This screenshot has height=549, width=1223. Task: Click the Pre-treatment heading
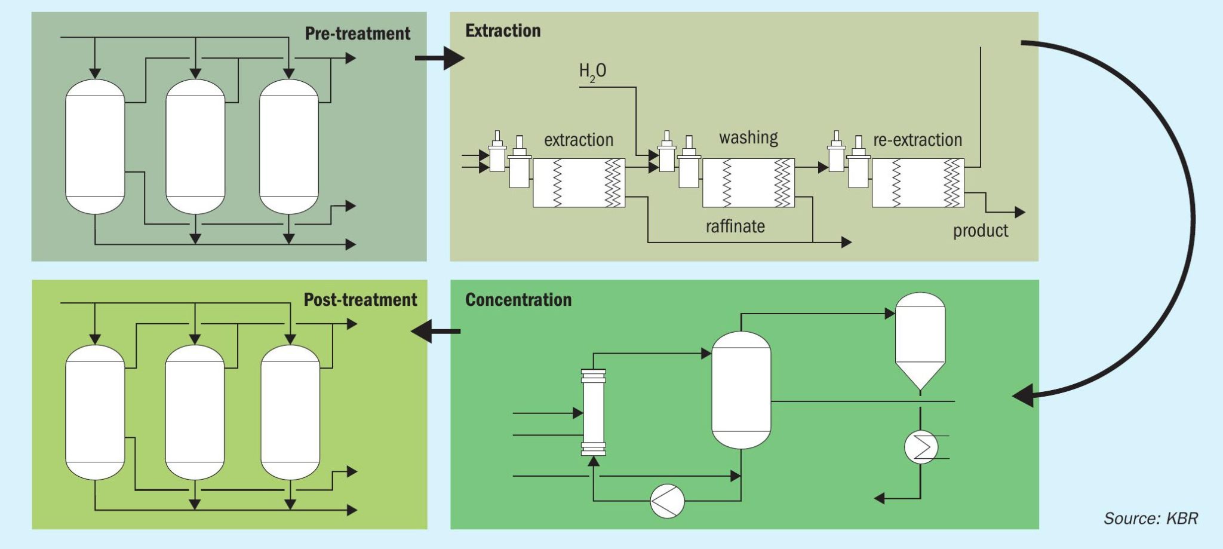click(357, 33)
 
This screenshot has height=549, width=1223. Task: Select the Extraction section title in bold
click(503, 31)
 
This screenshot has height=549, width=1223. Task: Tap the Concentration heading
click(518, 300)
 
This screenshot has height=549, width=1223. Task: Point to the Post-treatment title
click(360, 300)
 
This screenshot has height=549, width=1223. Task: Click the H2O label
click(592, 72)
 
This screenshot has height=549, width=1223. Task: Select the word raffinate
click(735, 226)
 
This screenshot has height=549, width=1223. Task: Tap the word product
click(980, 231)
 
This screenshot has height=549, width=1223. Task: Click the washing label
click(748, 138)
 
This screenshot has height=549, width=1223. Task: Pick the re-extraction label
click(917, 140)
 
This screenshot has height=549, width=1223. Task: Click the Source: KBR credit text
click(1150, 518)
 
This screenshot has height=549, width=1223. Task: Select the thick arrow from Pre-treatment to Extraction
click(440, 58)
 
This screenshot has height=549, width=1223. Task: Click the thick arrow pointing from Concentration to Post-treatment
click(435, 331)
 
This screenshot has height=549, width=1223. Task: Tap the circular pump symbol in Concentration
click(667, 501)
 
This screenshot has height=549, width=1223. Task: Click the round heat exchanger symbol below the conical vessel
click(921, 447)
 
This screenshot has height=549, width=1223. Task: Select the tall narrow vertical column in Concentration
click(594, 412)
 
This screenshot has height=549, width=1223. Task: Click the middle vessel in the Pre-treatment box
click(195, 146)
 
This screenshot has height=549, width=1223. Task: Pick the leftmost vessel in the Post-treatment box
click(95, 412)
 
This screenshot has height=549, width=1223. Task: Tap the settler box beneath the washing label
click(748, 183)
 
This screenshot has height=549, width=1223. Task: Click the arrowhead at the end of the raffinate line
click(846, 242)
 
